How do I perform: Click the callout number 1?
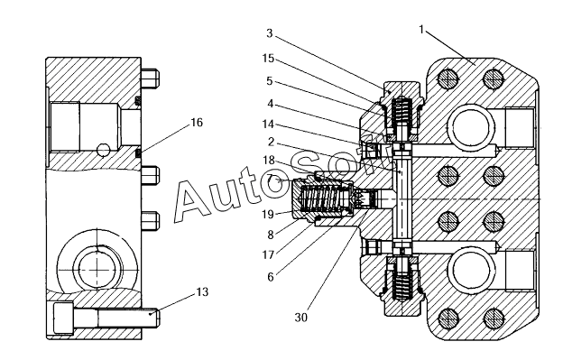tap(422, 30)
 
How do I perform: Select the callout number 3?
tap(270, 33)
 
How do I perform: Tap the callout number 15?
tap(268, 58)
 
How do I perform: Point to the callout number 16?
tap(197, 123)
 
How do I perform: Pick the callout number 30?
tap(301, 318)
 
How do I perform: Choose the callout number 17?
tap(268, 254)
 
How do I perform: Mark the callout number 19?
tap(268, 214)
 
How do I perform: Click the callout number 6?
tap(271, 277)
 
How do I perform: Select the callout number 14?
tap(268, 125)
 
